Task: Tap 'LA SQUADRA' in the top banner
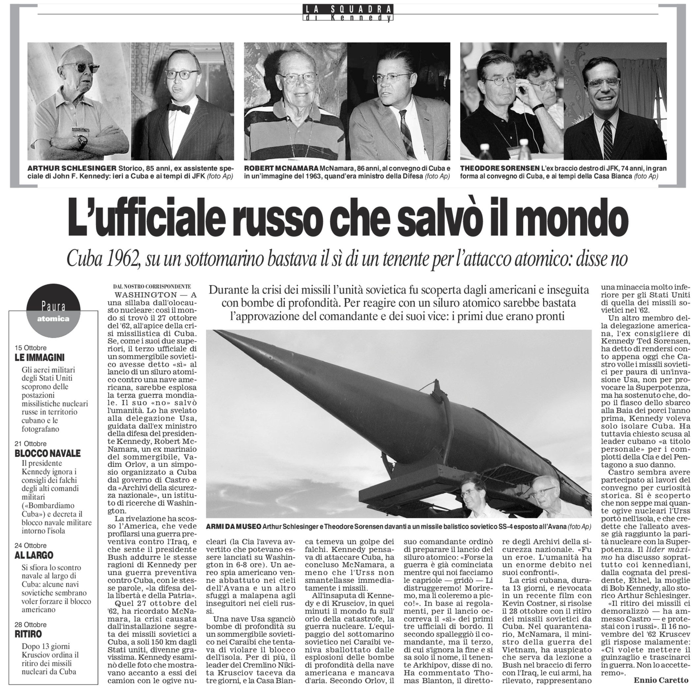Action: (x=348, y=10)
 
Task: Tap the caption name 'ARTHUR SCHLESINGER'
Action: (x=72, y=169)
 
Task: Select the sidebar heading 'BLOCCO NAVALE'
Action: (x=48, y=453)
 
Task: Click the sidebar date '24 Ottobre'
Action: (x=30, y=545)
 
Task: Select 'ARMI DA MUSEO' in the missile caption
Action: (x=233, y=527)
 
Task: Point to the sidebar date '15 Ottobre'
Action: (x=30, y=348)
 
